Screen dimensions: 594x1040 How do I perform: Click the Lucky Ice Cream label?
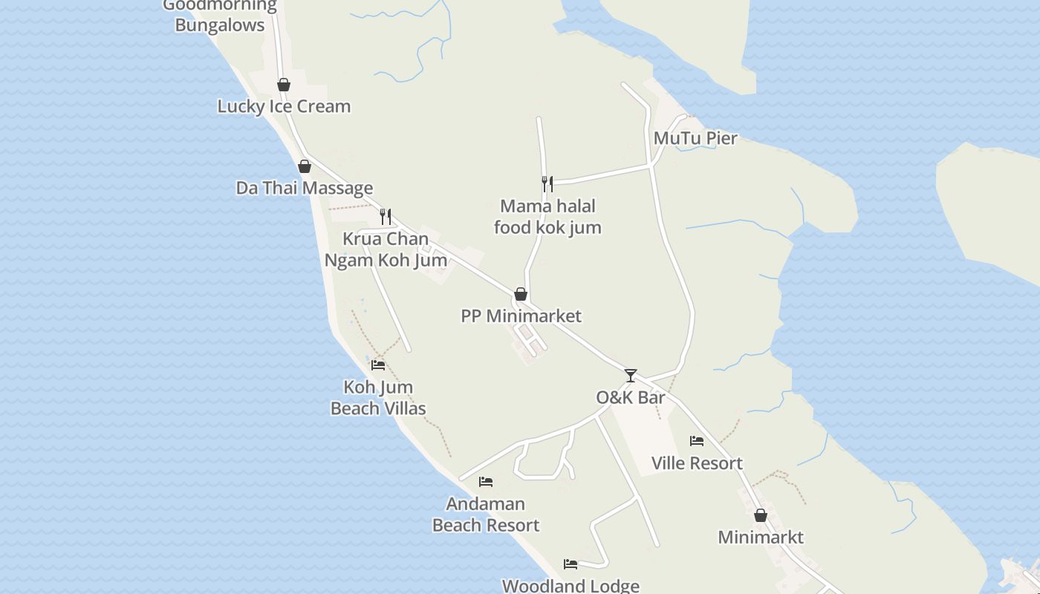coord(284,106)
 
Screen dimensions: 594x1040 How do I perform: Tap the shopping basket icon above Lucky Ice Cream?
coord(283,85)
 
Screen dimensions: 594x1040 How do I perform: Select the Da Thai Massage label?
coord(305,188)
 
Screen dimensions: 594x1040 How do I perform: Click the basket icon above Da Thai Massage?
coord(304,166)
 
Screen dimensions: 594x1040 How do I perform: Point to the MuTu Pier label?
coord(695,138)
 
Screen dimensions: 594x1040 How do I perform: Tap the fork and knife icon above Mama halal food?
coord(547,183)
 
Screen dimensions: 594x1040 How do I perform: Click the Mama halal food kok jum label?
coord(547,217)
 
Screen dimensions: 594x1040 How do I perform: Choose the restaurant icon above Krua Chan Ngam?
coord(386,216)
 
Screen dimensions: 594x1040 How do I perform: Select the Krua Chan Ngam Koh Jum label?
coord(386,249)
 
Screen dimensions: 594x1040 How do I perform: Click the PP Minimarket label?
coord(521,316)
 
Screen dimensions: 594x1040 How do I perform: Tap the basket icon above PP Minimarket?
coord(521,294)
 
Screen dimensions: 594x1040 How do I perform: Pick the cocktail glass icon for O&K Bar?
coord(631,376)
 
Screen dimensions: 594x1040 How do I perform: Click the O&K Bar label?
coord(631,397)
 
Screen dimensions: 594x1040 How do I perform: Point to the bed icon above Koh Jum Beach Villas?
coord(378,365)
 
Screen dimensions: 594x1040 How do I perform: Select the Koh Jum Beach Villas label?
coord(378,398)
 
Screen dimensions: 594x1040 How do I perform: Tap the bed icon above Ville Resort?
coord(697,441)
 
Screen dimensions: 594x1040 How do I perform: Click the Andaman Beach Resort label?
coord(486,515)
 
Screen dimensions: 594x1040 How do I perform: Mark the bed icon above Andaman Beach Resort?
coord(486,482)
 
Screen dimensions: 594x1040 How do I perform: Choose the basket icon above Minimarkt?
coord(761,515)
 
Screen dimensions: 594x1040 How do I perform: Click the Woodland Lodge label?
coord(571,585)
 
